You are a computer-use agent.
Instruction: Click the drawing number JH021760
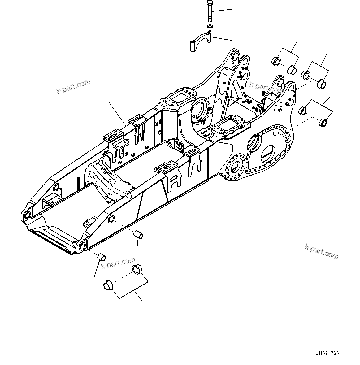click(x=327, y=353)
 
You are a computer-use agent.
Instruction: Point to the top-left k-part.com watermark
click(x=73, y=86)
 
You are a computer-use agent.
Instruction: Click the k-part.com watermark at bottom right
click(x=321, y=251)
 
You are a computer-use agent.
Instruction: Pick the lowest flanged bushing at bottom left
click(x=107, y=285)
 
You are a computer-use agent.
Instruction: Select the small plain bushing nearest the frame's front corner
click(x=102, y=257)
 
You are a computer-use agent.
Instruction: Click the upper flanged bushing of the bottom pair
click(x=137, y=269)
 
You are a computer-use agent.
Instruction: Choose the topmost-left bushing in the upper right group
click(x=275, y=61)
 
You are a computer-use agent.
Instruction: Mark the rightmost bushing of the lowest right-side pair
click(x=323, y=123)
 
